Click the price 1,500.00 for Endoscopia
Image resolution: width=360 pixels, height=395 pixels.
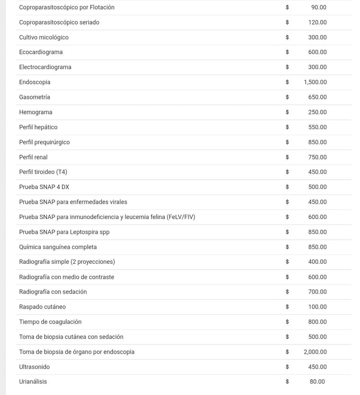pyautogui.click(x=315, y=82)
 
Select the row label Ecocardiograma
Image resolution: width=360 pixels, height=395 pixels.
pyautogui.click(x=41, y=52)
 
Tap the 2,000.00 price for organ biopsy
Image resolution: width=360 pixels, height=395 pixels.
pyautogui.click(x=315, y=352)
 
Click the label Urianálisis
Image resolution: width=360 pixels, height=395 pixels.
pyautogui.click(x=33, y=382)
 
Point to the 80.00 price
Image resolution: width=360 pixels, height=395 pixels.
pyautogui.click(x=317, y=382)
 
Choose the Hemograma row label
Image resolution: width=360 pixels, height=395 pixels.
pyautogui.click(x=36, y=112)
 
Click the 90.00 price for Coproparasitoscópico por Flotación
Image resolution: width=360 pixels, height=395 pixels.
pyautogui.click(x=319, y=7)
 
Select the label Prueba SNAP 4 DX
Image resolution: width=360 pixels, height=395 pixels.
pyautogui.click(x=44, y=187)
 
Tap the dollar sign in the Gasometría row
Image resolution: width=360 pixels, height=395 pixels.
pyautogui.click(x=287, y=97)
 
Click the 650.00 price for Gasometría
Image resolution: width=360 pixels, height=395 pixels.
pyautogui.click(x=317, y=97)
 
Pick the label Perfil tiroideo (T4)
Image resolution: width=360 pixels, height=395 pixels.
pyautogui.click(x=43, y=172)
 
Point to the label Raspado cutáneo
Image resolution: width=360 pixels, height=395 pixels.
pyautogui.click(x=42, y=307)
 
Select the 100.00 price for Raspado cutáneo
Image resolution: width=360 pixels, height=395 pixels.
pyautogui.click(x=317, y=307)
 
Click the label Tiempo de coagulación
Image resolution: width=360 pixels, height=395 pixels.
pyautogui.click(x=50, y=321)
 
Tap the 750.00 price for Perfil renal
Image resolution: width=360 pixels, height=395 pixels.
pyautogui.click(x=317, y=157)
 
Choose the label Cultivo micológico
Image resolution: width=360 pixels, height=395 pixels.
pyautogui.click(x=44, y=37)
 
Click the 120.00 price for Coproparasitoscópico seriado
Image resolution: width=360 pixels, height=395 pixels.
pyautogui.click(x=317, y=22)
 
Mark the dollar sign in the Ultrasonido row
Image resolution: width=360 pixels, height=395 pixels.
pyautogui.click(x=287, y=367)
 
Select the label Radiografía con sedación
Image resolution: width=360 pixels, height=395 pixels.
pyautogui.click(x=53, y=292)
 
